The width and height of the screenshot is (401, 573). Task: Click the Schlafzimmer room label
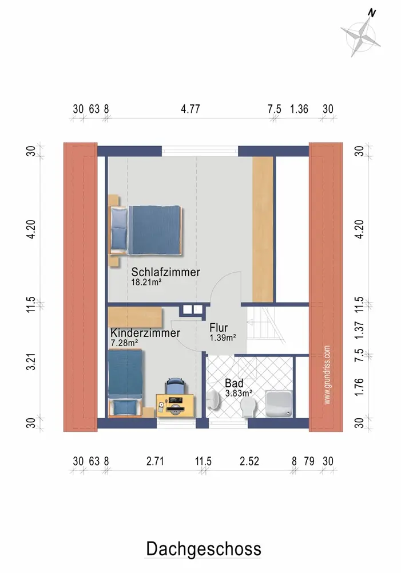166,272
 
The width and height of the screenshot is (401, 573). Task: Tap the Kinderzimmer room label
145,333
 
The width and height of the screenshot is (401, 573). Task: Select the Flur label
219,327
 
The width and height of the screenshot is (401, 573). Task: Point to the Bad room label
234,383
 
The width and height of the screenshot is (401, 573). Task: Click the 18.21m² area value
146,282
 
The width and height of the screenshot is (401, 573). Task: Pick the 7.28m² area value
124,343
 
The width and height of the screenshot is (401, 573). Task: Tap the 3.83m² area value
239,393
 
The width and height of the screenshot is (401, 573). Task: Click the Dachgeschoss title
204,549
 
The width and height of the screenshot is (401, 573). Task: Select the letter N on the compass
372,13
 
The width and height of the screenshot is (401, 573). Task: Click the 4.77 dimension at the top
190,109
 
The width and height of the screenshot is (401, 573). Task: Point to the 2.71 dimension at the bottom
155,461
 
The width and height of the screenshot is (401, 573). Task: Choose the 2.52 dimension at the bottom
249,461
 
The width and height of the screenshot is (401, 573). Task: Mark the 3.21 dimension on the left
31,362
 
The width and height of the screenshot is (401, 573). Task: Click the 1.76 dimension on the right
359,387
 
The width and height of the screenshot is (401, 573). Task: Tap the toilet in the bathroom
248,407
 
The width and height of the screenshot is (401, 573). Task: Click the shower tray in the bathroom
279,403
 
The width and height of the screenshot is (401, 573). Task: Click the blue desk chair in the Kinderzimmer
176,386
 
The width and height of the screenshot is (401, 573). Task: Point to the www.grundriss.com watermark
327,375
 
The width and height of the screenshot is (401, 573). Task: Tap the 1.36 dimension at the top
299,109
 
